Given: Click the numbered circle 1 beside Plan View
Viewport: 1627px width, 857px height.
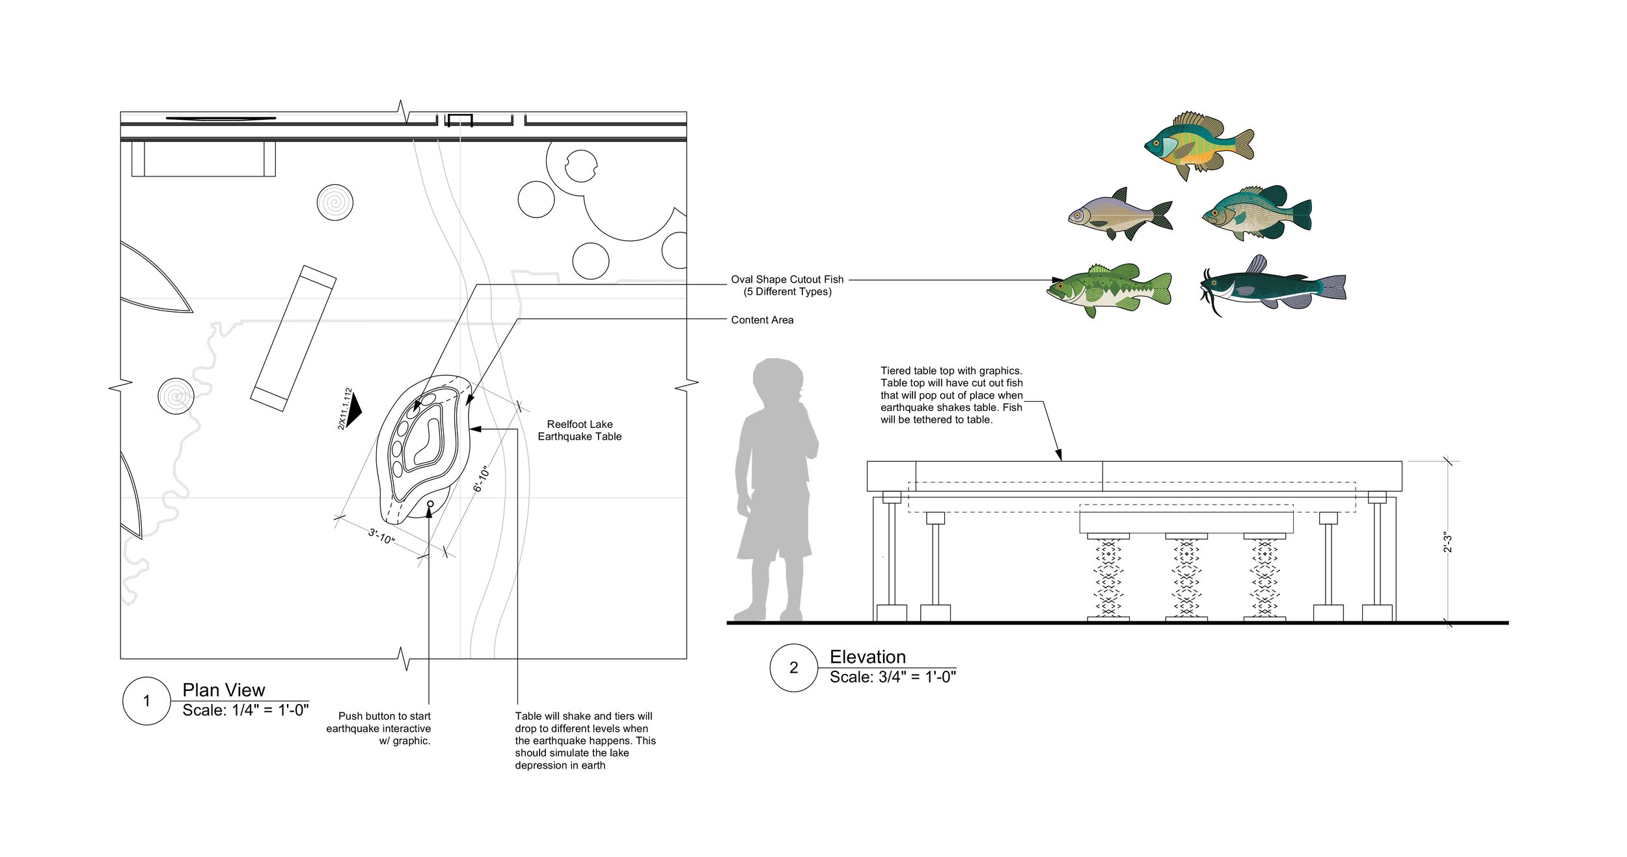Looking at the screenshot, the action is tap(146, 701).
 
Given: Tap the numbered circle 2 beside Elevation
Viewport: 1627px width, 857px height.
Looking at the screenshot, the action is tap(793, 667).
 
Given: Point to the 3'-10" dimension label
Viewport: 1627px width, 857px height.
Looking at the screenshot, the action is tap(381, 536).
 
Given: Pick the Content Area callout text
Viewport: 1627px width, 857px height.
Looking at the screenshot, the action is tap(761, 320).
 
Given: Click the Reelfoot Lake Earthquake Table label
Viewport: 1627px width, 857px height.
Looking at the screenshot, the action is tap(579, 430).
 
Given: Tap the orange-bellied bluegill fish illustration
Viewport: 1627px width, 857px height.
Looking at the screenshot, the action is tap(1198, 145).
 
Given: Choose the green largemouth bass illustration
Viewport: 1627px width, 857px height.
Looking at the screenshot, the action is tap(1109, 289).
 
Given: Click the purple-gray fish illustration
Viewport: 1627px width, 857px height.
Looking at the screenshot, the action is tap(1119, 214).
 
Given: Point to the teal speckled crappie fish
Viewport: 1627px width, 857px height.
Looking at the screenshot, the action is tap(1256, 213).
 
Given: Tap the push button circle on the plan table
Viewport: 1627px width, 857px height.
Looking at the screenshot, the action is tap(430, 504).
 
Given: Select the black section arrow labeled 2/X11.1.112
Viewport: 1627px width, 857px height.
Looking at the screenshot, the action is tap(352, 410).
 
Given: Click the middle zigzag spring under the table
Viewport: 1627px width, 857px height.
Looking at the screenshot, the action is tap(1186, 577).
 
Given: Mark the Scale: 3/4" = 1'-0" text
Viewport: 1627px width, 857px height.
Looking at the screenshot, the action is tap(892, 677).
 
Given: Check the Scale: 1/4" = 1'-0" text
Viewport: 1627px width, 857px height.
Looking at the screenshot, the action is tap(245, 710).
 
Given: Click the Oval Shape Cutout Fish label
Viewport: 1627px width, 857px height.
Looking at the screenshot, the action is tap(787, 279).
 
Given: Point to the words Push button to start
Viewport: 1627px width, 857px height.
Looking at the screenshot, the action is tap(384, 716).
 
